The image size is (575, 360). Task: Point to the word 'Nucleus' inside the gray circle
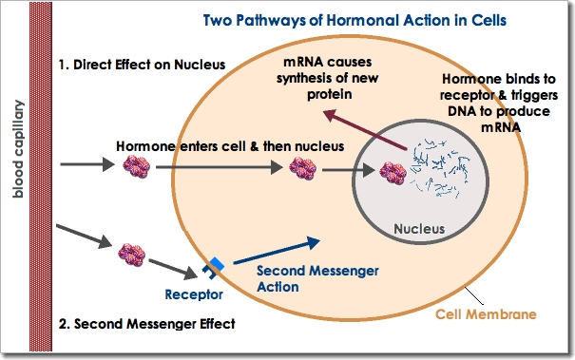point(419,229)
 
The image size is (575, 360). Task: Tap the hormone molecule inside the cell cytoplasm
point(303,170)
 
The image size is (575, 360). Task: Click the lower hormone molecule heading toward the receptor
point(130,254)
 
